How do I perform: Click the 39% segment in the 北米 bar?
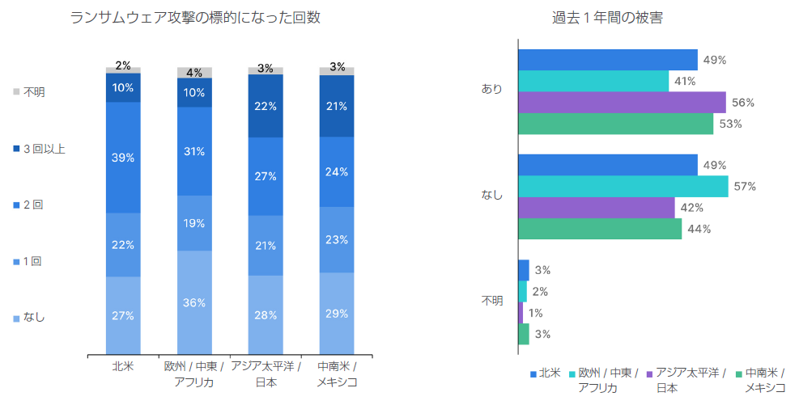tap(123, 158)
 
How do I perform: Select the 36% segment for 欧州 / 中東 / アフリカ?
tap(194, 302)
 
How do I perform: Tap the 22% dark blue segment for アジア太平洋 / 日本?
tap(266, 106)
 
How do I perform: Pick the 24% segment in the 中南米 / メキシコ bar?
tap(337, 171)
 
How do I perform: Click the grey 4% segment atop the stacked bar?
tap(194, 73)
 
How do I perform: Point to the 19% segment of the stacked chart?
tap(194, 223)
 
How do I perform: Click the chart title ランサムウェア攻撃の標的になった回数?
tap(196, 18)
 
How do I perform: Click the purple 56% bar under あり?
tap(622, 103)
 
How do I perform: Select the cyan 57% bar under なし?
tap(623, 187)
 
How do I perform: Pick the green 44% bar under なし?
tap(600, 229)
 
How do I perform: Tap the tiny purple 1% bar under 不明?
tap(521, 313)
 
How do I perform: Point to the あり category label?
tap(492, 89)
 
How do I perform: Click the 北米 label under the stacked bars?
tap(123, 367)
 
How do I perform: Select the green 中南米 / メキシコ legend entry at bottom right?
tap(765, 380)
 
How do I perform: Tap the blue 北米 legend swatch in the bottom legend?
tap(533, 374)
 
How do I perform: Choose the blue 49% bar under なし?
tap(607, 166)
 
